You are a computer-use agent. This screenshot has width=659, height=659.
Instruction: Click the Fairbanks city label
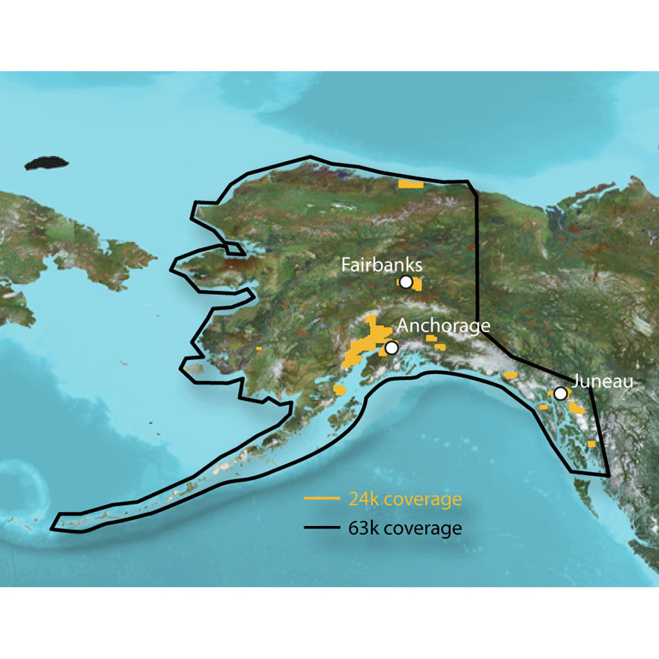pyautogui.click(x=381, y=265)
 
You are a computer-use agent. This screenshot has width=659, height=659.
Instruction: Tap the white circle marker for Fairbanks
pyautogui.click(x=406, y=282)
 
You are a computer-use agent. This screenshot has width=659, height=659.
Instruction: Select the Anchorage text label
pyautogui.click(x=443, y=325)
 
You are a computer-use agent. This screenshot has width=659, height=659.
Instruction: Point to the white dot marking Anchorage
pyautogui.click(x=391, y=348)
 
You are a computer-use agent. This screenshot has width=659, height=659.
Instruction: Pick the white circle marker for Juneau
pyautogui.click(x=560, y=393)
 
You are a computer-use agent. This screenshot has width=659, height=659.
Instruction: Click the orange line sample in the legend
pyautogui.click(x=322, y=499)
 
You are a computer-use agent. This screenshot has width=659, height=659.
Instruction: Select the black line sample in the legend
pyautogui.click(x=322, y=529)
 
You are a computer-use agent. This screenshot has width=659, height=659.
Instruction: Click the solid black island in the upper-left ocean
pyautogui.click(x=47, y=164)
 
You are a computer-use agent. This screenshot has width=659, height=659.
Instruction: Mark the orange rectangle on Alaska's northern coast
pyautogui.click(x=411, y=185)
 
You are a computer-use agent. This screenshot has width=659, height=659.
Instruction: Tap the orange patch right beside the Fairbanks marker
pyautogui.click(x=415, y=284)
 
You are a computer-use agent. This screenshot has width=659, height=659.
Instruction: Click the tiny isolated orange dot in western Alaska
pyautogui.click(x=259, y=348)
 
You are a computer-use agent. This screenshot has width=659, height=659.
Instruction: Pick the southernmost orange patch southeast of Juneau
pyautogui.click(x=591, y=443)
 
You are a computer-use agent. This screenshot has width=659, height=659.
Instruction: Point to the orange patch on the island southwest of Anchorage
pyautogui.click(x=339, y=391)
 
